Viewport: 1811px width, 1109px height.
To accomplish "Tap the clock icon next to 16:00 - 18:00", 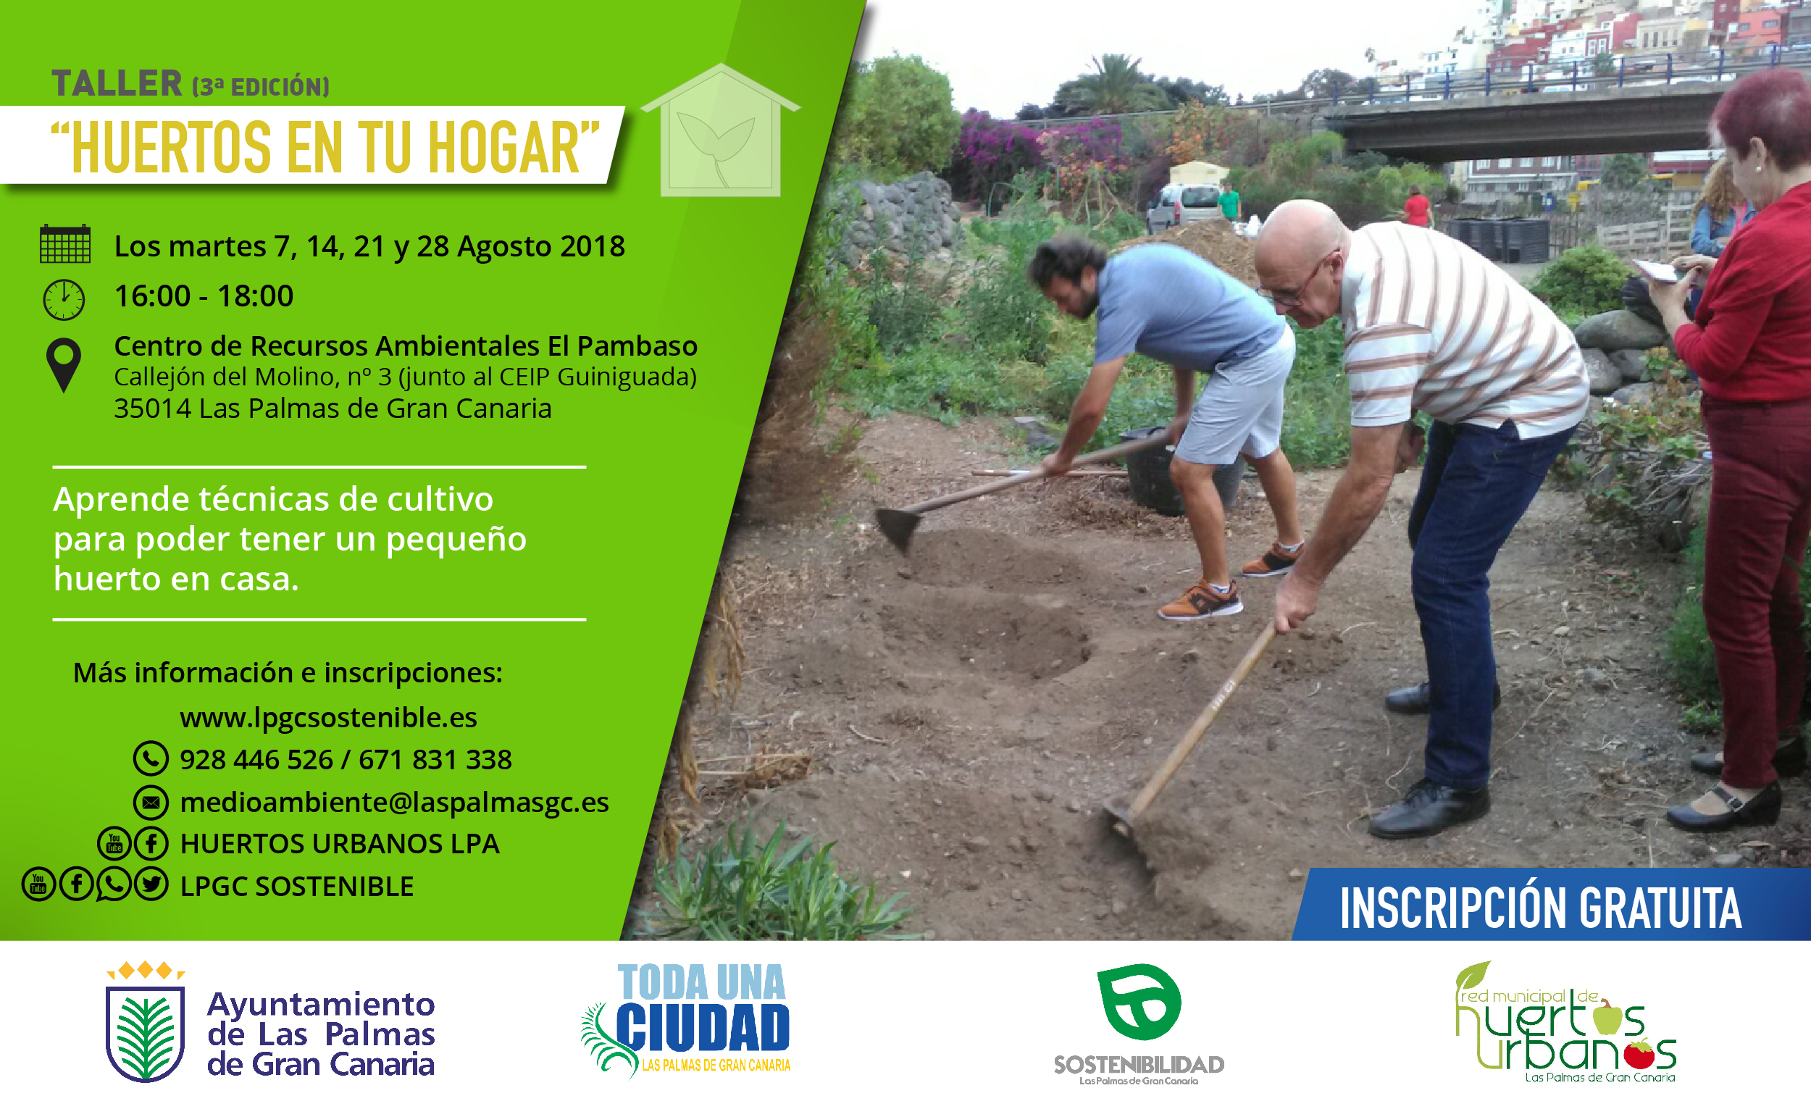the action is pos(64,299).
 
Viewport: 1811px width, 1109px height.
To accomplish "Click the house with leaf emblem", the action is pos(720,130).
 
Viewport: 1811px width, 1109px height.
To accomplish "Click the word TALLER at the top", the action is pos(117,83).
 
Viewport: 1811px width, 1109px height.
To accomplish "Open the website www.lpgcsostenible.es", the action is pos(329,717).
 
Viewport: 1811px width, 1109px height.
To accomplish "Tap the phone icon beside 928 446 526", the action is pos(151,758).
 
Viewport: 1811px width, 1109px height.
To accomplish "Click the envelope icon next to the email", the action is pos(151,802).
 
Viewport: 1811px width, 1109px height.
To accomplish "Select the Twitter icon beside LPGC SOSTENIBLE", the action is pos(151,884).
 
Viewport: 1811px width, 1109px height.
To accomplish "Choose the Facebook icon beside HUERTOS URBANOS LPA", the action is pos(151,843).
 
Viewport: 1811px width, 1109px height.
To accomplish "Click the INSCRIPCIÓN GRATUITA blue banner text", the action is pos(1542,908).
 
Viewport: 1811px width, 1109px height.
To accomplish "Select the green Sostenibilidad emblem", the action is pos(1139,1002).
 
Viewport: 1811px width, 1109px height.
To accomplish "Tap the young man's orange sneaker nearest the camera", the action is pos(1200,601).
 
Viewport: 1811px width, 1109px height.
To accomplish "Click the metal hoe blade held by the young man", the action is pos(898,527).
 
